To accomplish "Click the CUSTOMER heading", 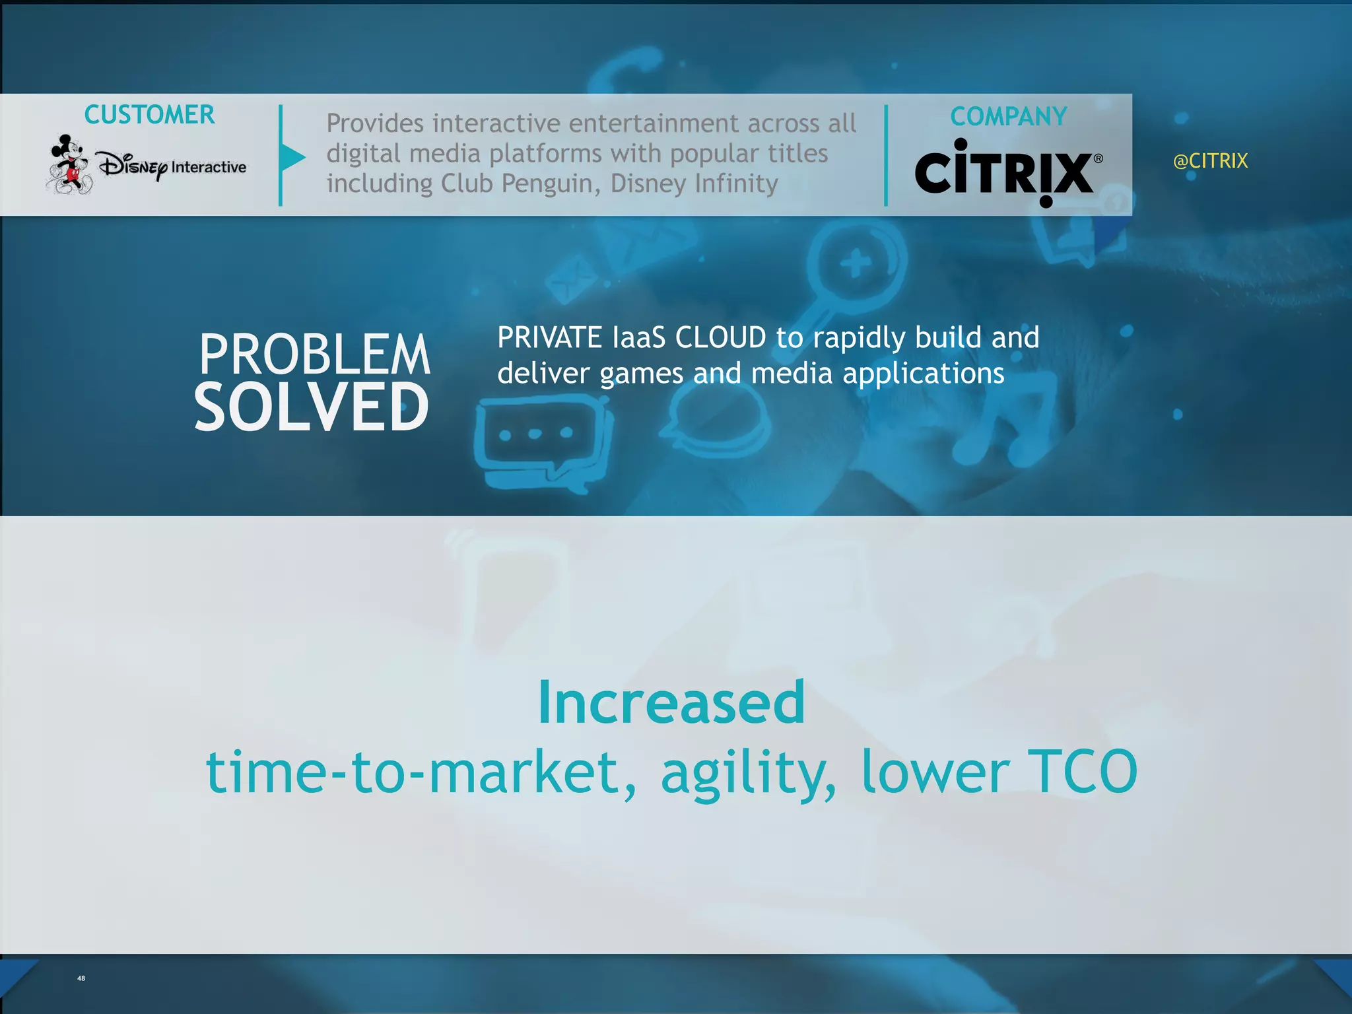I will pyautogui.click(x=149, y=115).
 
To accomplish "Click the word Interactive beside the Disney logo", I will pyautogui.click(x=209, y=167).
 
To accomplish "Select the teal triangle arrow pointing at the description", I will pyautogui.click(x=292, y=157).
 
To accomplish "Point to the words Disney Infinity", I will pyautogui.click(x=694, y=184).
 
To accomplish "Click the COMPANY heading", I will pyautogui.click(x=1008, y=117).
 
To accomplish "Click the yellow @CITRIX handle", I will pyautogui.click(x=1210, y=161).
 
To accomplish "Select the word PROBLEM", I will pyautogui.click(x=315, y=355).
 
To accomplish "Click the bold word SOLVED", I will pyautogui.click(x=312, y=407).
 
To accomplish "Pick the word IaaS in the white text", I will pyautogui.click(x=638, y=338).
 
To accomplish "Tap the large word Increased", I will pyautogui.click(x=671, y=702).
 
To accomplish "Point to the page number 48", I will pyautogui.click(x=81, y=978).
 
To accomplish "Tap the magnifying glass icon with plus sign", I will pyautogui.click(x=856, y=265).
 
